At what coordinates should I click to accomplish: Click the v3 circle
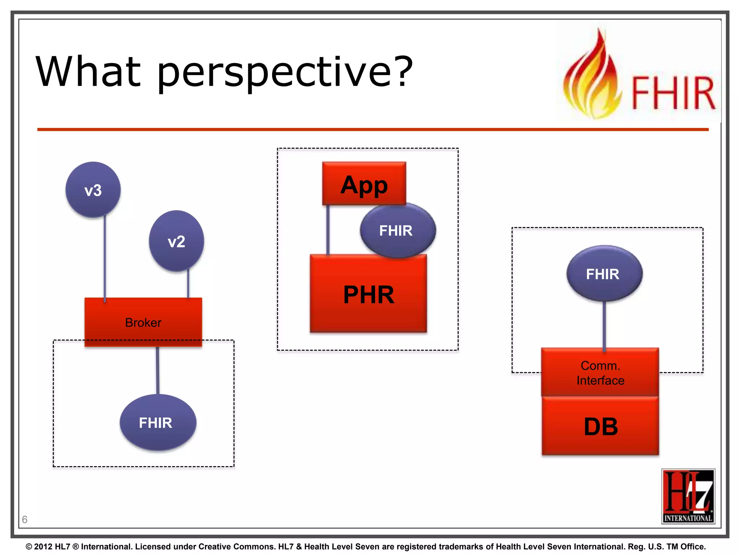[x=93, y=190]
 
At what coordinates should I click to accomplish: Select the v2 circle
[x=176, y=241]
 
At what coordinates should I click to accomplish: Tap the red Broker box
[x=143, y=322]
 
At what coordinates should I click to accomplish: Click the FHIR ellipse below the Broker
[x=158, y=422]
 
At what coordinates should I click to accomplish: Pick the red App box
[x=364, y=184]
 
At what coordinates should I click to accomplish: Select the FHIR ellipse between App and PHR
[x=398, y=231]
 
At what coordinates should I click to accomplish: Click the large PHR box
[x=368, y=294]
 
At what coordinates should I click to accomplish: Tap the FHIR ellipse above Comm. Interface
[x=604, y=274]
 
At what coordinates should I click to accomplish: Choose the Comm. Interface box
[x=600, y=373]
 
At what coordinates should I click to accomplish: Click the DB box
[x=600, y=426]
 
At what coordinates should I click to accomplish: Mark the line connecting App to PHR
[x=328, y=230]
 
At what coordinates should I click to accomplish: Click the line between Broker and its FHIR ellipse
[x=158, y=370]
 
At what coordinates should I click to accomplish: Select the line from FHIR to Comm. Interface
[x=604, y=325]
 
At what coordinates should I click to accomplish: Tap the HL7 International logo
[x=688, y=496]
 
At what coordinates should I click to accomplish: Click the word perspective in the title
[x=284, y=72]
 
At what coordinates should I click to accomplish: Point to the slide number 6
[x=25, y=519]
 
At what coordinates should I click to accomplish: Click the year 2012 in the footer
[x=43, y=547]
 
